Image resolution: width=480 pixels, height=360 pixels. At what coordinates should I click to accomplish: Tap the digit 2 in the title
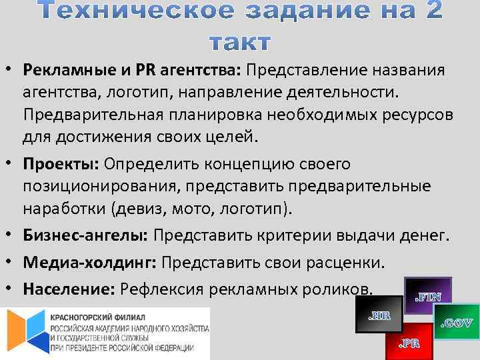[x=429, y=12]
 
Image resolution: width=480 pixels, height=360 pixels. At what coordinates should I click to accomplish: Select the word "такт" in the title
[x=239, y=41]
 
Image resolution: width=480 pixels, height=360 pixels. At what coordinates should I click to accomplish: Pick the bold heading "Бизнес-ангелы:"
[x=87, y=235]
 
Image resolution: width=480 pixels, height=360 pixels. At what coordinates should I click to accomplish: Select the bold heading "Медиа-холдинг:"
[x=89, y=262]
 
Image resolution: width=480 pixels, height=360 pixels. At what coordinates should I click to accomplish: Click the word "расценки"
[x=347, y=262]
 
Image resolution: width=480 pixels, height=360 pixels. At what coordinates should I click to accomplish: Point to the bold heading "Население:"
[x=70, y=289]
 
